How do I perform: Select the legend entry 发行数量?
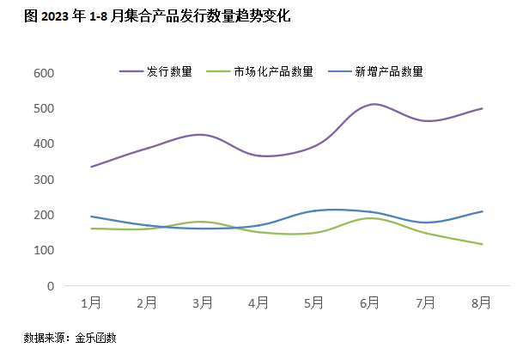click(x=168, y=71)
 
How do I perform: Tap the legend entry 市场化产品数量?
click(x=273, y=71)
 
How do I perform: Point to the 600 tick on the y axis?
click(x=44, y=73)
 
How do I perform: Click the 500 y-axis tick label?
click(x=44, y=108)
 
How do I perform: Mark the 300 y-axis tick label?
click(x=44, y=180)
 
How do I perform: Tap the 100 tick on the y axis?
click(x=44, y=250)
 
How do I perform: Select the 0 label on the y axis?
click(x=51, y=285)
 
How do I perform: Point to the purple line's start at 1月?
click(x=91, y=167)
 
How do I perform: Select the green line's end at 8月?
click(x=482, y=244)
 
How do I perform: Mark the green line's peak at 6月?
click(x=370, y=217)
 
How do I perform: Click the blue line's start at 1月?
click(x=91, y=217)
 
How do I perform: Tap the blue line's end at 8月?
click(x=482, y=211)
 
